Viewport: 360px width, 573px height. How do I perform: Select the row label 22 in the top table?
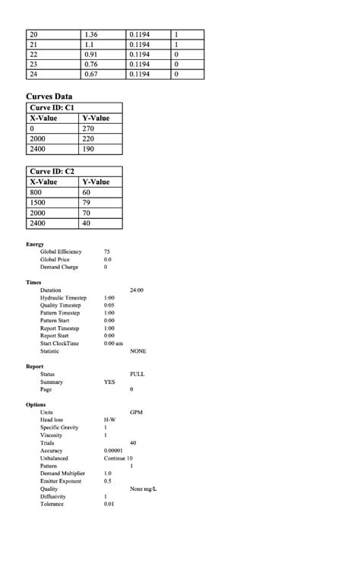33,54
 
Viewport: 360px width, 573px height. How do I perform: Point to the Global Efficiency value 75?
107,252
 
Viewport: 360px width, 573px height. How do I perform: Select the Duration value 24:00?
137,290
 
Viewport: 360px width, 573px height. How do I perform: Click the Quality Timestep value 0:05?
109,305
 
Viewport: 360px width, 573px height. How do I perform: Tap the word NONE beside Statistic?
138,351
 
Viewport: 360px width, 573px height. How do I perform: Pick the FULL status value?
137,375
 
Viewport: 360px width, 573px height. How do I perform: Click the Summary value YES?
109,382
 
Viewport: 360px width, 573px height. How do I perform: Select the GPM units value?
137,413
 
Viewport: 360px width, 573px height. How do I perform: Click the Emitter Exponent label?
61,481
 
